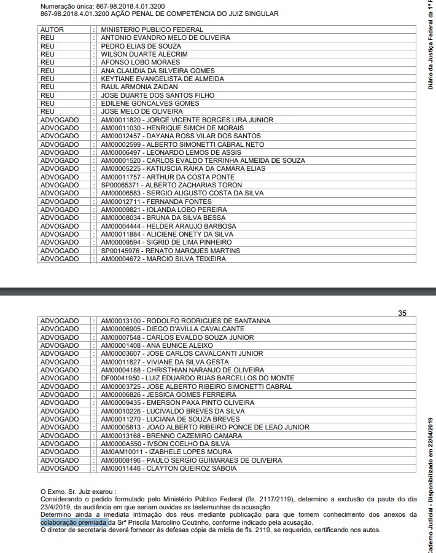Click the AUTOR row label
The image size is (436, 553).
pyautogui.click(x=52, y=29)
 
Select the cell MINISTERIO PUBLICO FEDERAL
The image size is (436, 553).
pyautogui.click(x=152, y=29)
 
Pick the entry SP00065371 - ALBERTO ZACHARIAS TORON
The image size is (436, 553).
pyautogui.click(x=171, y=185)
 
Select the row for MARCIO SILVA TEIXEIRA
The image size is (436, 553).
pyautogui.click(x=163, y=259)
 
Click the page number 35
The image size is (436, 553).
pyautogui.click(x=402, y=313)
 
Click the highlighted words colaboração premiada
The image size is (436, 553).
pyautogui.click(x=74, y=522)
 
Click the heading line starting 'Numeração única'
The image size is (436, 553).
pyautogui.click(x=102, y=6)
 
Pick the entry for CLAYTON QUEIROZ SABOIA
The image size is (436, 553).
pyautogui.click(x=168, y=468)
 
